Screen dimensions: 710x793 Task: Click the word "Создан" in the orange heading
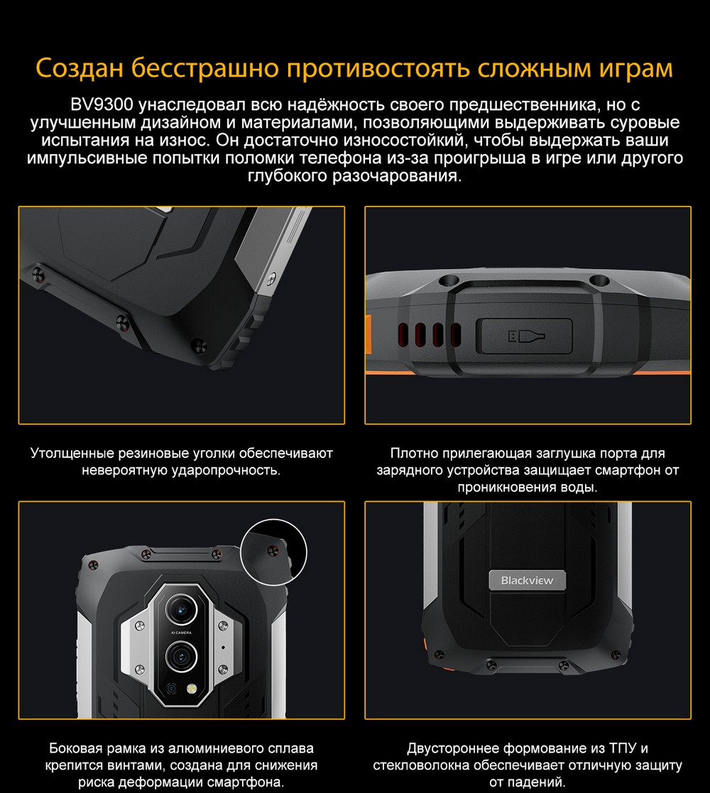tap(80, 67)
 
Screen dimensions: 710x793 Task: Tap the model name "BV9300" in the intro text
tap(102, 104)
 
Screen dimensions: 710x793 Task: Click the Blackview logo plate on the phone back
tap(527, 580)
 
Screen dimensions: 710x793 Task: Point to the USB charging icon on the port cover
tap(526, 336)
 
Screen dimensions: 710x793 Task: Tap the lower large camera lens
tap(181, 657)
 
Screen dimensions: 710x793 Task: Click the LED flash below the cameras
tap(192, 689)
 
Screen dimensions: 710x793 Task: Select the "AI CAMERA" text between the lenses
tap(181, 633)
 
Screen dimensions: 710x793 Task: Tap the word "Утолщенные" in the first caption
tap(72, 453)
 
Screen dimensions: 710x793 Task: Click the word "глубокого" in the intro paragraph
tap(288, 176)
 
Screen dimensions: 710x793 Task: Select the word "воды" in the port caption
tap(581, 488)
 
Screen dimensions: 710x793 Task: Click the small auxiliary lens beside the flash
tap(172, 689)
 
